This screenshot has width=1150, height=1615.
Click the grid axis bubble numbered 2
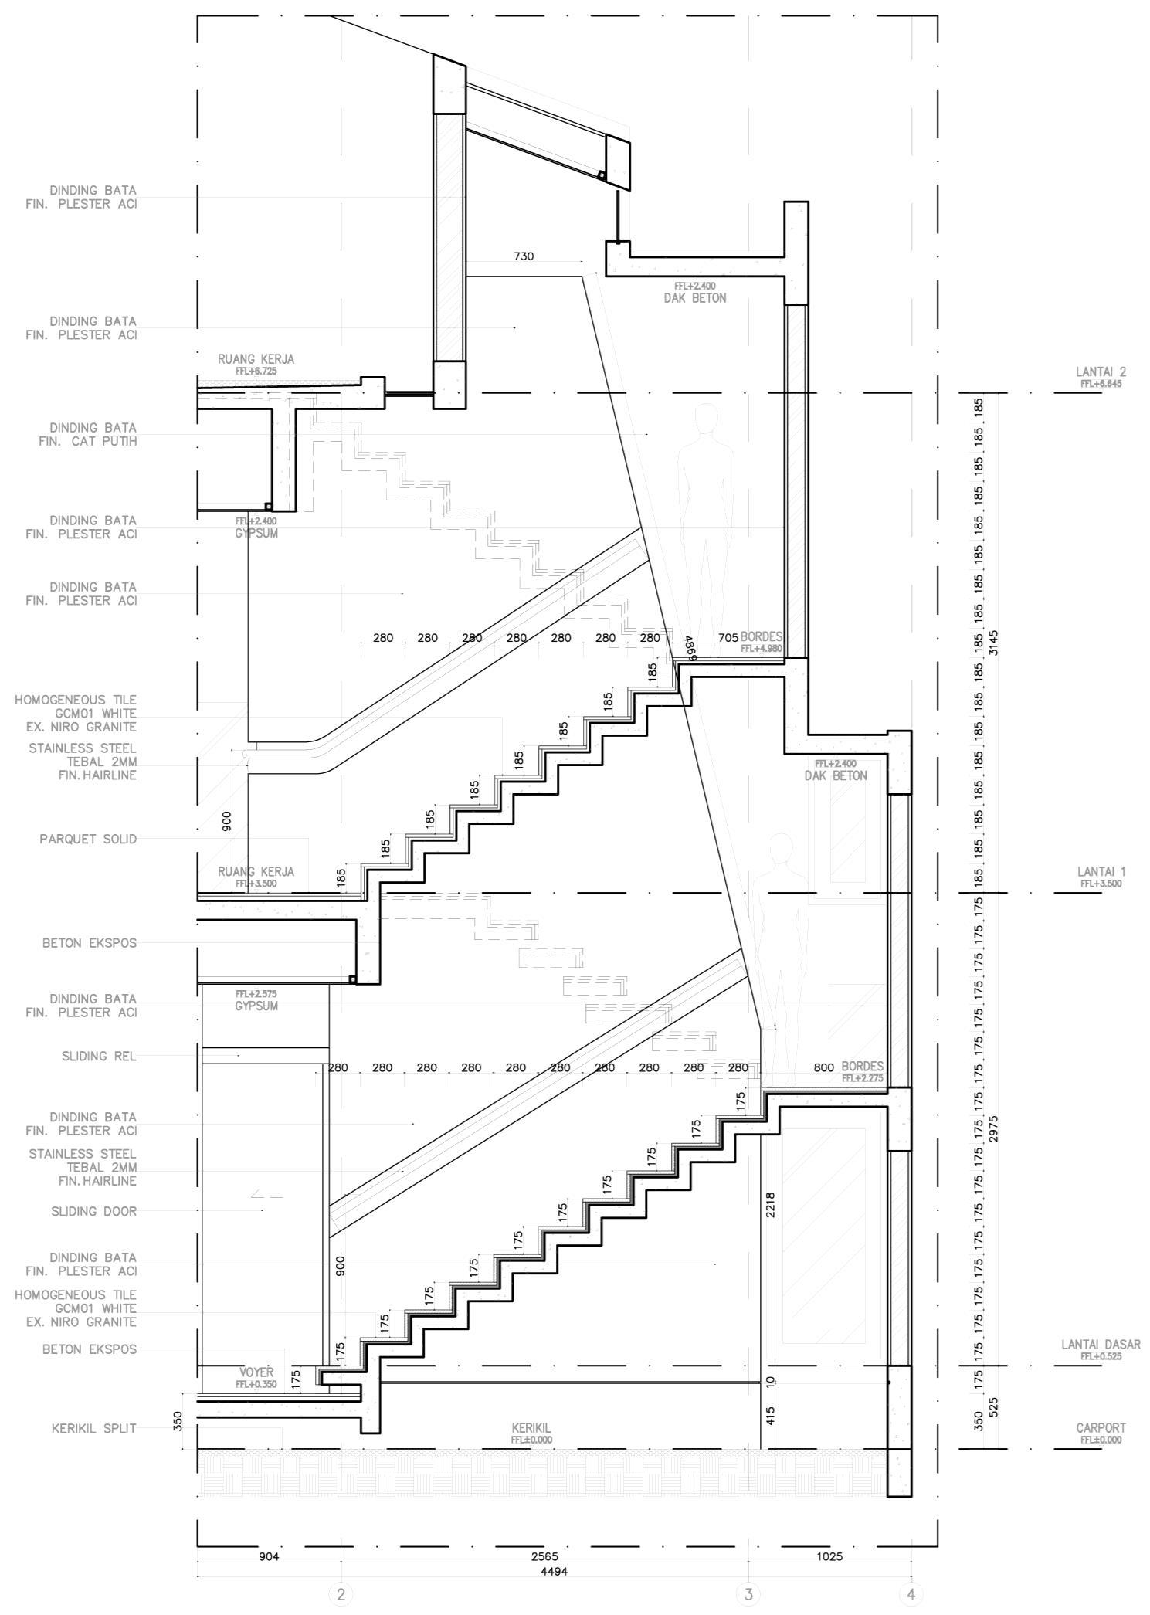click(x=341, y=1593)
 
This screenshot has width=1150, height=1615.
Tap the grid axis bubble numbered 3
click(x=748, y=1593)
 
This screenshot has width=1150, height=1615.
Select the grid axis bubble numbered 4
click(x=911, y=1593)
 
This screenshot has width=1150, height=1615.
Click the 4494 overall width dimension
click(x=555, y=1570)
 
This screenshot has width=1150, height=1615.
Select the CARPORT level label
click(x=1101, y=1428)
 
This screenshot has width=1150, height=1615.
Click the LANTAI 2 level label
click(x=1101, y=372)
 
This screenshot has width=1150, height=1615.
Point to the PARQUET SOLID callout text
click(x=88, y=839)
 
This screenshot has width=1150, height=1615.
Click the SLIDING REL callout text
click(x=99, y=1056)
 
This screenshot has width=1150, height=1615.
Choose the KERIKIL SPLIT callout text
click(x=93, y=1428)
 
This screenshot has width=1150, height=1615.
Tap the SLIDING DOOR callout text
click(x=93, y=1211)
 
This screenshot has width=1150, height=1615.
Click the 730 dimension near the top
click(x=524, y=256)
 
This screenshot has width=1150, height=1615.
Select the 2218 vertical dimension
click(x=770, y=1206)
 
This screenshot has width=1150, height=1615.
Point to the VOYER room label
click(x=256, y=1372)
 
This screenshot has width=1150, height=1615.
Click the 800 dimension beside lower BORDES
click(x=823, y=1068)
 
